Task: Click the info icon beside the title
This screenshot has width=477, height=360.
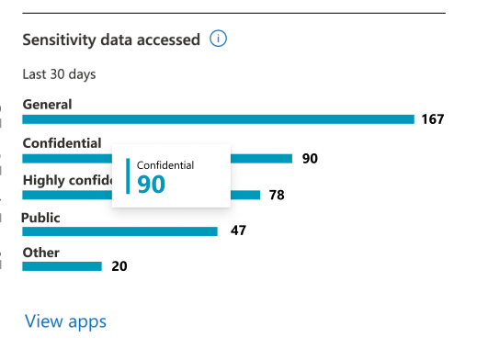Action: point(218,39)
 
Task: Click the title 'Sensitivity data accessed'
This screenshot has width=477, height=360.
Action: point(111,39)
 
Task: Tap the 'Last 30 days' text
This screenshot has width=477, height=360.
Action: point(60,74)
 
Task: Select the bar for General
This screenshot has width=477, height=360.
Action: point(218,118)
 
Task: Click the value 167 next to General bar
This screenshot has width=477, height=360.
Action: point(433,119)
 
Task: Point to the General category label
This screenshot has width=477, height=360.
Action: point(47,104)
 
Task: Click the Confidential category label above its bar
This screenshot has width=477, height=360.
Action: point(62,142)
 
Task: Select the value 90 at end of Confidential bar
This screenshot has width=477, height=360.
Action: point(310,158)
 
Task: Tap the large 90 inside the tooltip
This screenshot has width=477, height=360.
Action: point(151,185)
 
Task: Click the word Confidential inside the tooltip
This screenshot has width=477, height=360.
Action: point(165,164)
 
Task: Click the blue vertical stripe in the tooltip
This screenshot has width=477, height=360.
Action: point(128,176)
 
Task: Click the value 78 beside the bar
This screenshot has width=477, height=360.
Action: point(277,195)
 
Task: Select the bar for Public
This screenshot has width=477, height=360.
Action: point(119,231)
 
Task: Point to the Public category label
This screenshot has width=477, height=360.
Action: point(41,217)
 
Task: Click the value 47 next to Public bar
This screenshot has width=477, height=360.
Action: point(238,231)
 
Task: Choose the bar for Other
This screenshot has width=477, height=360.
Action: point(62,266)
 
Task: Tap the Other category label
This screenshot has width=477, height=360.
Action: point(40,253)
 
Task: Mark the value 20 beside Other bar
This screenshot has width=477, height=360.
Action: point(119,266)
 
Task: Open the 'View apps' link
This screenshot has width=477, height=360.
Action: point(65,321)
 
